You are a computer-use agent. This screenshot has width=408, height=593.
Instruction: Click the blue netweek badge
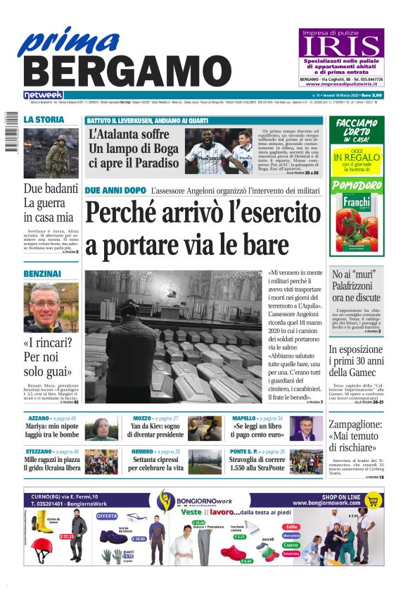click(x=44, y=95)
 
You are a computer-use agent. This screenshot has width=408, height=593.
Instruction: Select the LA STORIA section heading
click(x=44, y=120)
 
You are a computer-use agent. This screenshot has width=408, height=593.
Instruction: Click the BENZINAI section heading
click(x=42, y=273)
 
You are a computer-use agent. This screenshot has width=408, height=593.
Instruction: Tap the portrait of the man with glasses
click(x=51, y=307)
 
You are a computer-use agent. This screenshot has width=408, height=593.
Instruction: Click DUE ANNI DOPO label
click(x=115, y=191)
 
